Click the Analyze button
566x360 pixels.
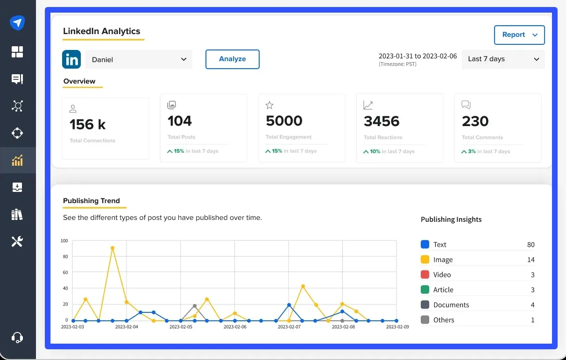232,59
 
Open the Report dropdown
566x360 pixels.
519,35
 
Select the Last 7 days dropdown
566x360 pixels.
503,59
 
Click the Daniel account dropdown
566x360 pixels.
139,60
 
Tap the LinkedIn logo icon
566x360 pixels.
71,60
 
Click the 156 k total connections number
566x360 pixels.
88,125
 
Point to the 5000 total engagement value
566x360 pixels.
284,121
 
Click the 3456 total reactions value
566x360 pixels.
382,121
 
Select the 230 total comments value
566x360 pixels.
475,121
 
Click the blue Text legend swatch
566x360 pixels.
425,244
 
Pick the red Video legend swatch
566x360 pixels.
425,275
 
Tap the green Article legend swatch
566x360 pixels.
425,289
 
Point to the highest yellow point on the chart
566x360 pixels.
113,248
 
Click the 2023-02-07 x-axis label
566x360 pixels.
289,327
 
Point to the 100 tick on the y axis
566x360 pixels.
64,241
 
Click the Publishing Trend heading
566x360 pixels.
92,201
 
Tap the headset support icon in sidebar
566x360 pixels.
17,337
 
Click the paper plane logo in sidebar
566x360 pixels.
17,22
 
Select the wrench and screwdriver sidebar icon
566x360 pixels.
17,241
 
